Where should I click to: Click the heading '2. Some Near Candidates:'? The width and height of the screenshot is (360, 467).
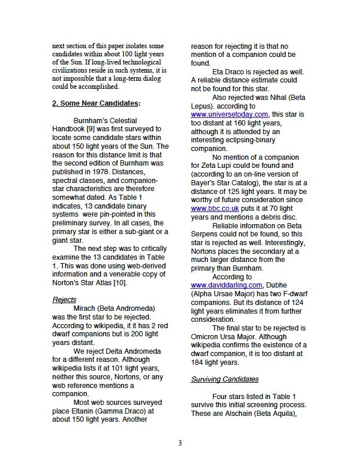click(96, 103)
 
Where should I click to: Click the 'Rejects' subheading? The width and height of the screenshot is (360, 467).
click(64, 299)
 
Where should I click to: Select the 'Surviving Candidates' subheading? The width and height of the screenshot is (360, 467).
click(225, 379)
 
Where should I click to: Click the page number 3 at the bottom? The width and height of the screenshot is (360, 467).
click(180, 444)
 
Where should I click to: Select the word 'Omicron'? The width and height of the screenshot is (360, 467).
click(207, 336)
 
